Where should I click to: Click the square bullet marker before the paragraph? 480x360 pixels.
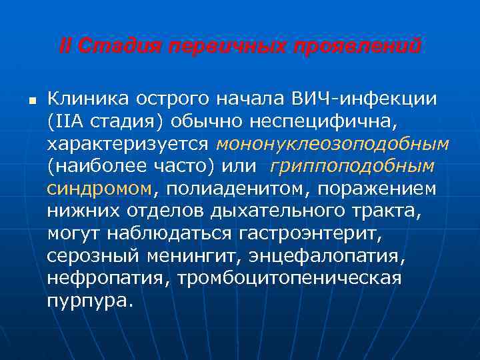[31, 101]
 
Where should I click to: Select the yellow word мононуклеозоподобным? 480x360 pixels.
[333, 144]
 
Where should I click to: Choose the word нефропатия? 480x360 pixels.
[108, 278]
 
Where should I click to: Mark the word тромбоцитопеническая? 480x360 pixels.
[289, 278]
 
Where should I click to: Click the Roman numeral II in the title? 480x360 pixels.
[65, 47]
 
